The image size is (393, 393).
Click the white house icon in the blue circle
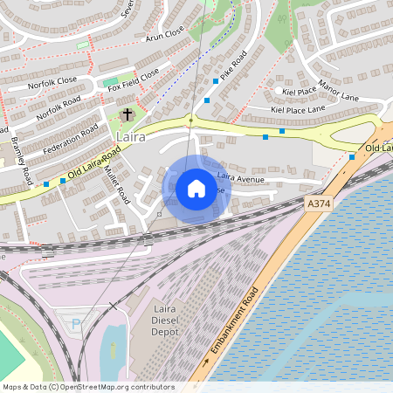point(196,189)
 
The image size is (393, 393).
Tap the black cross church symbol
point(128,114)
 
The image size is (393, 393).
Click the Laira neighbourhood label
point(130,138)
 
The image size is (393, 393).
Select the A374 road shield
point(319,203)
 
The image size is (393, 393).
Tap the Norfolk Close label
point(52,80)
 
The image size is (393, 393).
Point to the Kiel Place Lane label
point(298,109)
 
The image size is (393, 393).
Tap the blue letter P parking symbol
point(75,323)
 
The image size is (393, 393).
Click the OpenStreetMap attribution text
point(87,387)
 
